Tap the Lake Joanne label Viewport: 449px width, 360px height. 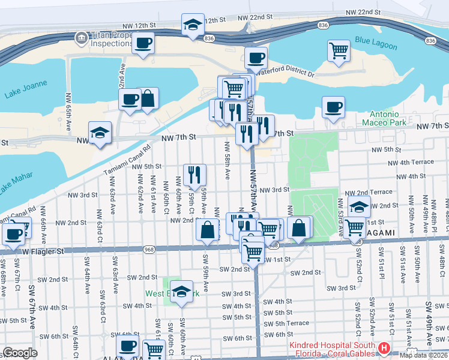(22, 94)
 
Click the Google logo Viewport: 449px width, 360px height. (20, 353)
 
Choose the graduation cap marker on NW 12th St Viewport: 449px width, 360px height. (193, 25)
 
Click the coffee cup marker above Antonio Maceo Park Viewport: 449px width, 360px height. (333, 107)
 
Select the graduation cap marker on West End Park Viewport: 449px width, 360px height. (181, 291)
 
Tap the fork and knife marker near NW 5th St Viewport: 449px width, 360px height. (194, 175)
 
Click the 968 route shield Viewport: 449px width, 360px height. (149, 249)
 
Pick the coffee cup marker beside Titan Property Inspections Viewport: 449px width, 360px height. (143, 43)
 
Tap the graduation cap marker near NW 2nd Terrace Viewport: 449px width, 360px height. (359, 207)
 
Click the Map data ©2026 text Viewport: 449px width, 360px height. (423, 355)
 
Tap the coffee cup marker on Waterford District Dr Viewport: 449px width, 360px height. (256, 58)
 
